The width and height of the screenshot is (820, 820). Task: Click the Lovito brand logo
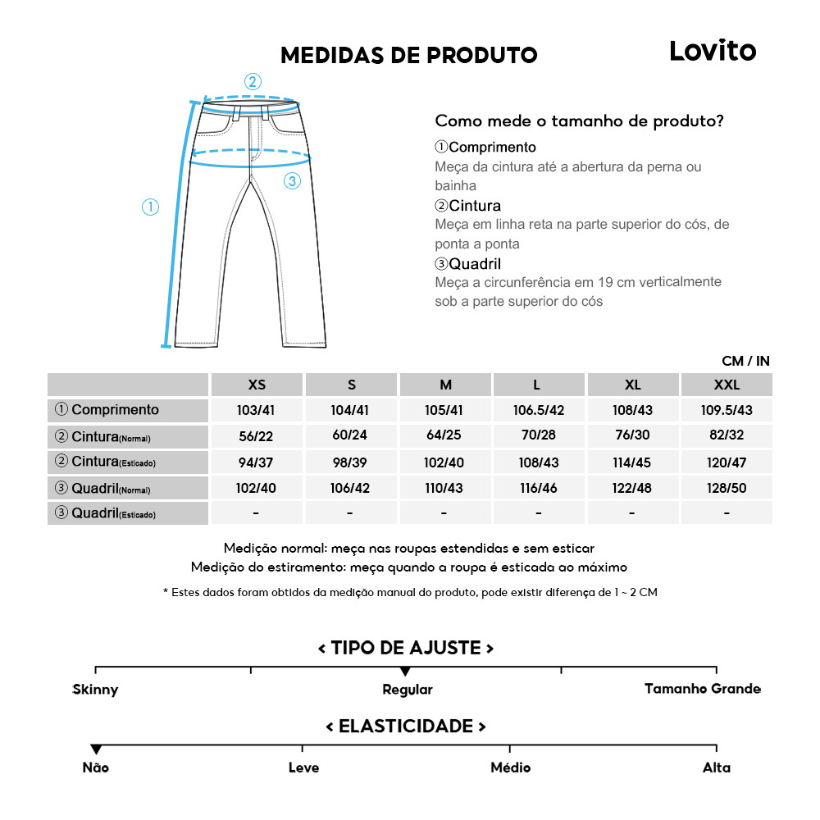[712, 51]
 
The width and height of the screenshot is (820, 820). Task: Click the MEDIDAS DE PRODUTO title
[408, 55]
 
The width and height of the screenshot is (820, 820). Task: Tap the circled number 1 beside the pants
[150, 207]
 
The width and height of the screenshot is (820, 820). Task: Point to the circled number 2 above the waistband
[253, 81]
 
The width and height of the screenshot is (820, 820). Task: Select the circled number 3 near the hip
[293, 181]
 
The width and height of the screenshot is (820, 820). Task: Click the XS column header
[257, 385]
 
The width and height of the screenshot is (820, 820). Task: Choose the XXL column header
[727, 385]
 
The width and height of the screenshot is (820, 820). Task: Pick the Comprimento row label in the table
[107, 410]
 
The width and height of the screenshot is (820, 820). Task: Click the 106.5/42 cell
[538, 410]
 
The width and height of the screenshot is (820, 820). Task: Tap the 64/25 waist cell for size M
[444, 435]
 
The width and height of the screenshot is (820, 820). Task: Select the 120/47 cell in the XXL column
[727, 462]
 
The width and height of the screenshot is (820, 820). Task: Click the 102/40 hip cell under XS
[257, 488]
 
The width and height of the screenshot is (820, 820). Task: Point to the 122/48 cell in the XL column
[632, 488]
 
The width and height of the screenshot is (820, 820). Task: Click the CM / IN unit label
[745, 361]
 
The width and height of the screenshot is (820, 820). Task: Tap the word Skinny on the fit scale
[95, 690]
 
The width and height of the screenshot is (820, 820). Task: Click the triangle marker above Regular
[405, 672]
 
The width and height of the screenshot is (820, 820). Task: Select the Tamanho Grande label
[702, 689]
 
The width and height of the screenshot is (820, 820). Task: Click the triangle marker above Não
[96, 749]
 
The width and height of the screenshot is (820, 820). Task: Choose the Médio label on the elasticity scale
[510, 768]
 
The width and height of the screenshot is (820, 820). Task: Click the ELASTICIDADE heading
[406, 727]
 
